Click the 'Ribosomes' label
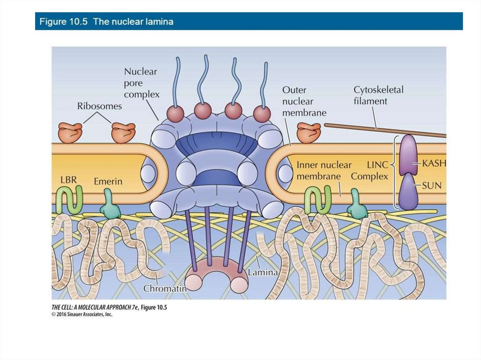coord(99,106)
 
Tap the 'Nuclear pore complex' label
coord(141,83)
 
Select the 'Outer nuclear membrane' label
coord(304,101)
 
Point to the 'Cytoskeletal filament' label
coord(378,95)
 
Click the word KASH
coord(434,163)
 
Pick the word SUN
coord(432,185)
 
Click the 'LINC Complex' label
coord(370,171)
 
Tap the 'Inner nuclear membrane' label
coord(324,170)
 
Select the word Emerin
coord(108,181)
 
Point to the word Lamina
coord(263,272)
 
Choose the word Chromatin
coord(165,288)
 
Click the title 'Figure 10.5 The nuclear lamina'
coord(106,22)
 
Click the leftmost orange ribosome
coord(70,132)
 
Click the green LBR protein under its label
coord(69,199)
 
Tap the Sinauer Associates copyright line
coord(82,314)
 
